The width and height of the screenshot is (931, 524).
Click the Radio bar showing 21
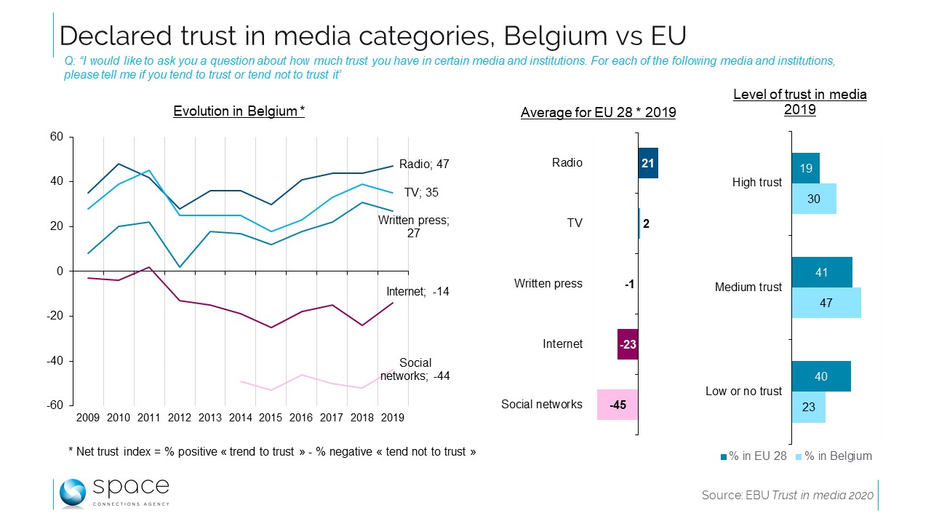[648, 163]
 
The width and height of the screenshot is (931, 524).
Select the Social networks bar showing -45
[618, 405]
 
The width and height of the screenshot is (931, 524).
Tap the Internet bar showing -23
[628, 344]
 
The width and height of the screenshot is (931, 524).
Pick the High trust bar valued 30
[814, 199]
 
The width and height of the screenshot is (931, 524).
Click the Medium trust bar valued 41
[822, 272]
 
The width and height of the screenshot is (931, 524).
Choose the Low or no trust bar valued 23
[808, 408]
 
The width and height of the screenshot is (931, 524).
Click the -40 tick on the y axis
[55, 361]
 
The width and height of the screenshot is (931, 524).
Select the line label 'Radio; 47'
[424, 165]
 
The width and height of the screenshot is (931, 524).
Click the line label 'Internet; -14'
[417, 292]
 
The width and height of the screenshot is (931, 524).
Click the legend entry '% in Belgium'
[834, 456]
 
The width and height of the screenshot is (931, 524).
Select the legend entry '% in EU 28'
[754, 456]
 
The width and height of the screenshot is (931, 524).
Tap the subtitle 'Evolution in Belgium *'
[239, 111]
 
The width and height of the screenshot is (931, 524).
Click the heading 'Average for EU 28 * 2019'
[598, 113]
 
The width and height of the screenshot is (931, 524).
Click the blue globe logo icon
[73, 493]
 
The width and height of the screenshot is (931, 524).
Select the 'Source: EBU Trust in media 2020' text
[787, 495]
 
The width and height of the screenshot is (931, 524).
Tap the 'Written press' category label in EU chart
[548, 284]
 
